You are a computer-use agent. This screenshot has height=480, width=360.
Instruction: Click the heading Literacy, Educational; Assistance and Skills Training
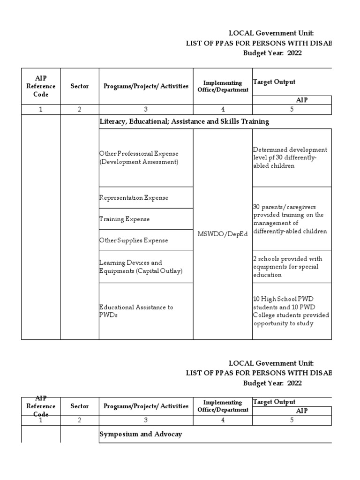[x=184, y=121]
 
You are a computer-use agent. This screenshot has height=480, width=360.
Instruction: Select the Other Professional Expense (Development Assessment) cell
[x=139, y=157]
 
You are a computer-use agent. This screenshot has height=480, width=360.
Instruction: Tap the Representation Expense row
[x=134, y=198]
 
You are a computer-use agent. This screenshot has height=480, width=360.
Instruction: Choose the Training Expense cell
[x=124, y=219]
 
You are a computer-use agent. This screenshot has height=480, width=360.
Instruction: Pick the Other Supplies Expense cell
[x=133, y=240]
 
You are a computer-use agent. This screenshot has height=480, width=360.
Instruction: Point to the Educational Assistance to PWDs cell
[x=136, y=311]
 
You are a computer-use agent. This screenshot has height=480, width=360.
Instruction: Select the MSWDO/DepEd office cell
[x=223, y=234]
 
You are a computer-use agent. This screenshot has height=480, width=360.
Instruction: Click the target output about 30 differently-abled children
[x=291, y=157]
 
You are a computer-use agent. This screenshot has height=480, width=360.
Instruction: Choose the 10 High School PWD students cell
[x=291, y=311]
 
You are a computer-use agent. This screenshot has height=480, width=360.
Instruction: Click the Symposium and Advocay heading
[x=141, y=434]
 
